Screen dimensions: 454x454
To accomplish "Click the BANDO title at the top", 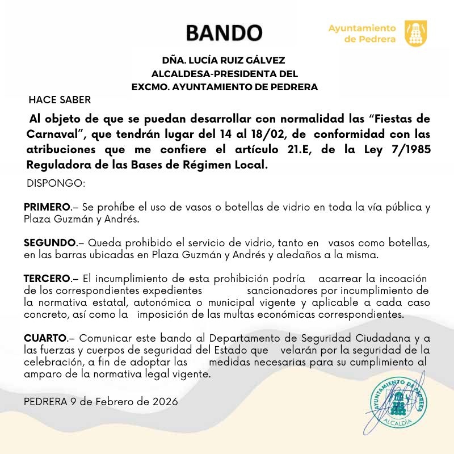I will [224, 32].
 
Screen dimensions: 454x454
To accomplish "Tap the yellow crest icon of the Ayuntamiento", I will [415, 33].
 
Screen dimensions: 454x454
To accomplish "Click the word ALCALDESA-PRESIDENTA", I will [218, 74].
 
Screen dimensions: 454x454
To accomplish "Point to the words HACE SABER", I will [60, 100].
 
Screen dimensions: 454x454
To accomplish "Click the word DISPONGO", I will [56, 184].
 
